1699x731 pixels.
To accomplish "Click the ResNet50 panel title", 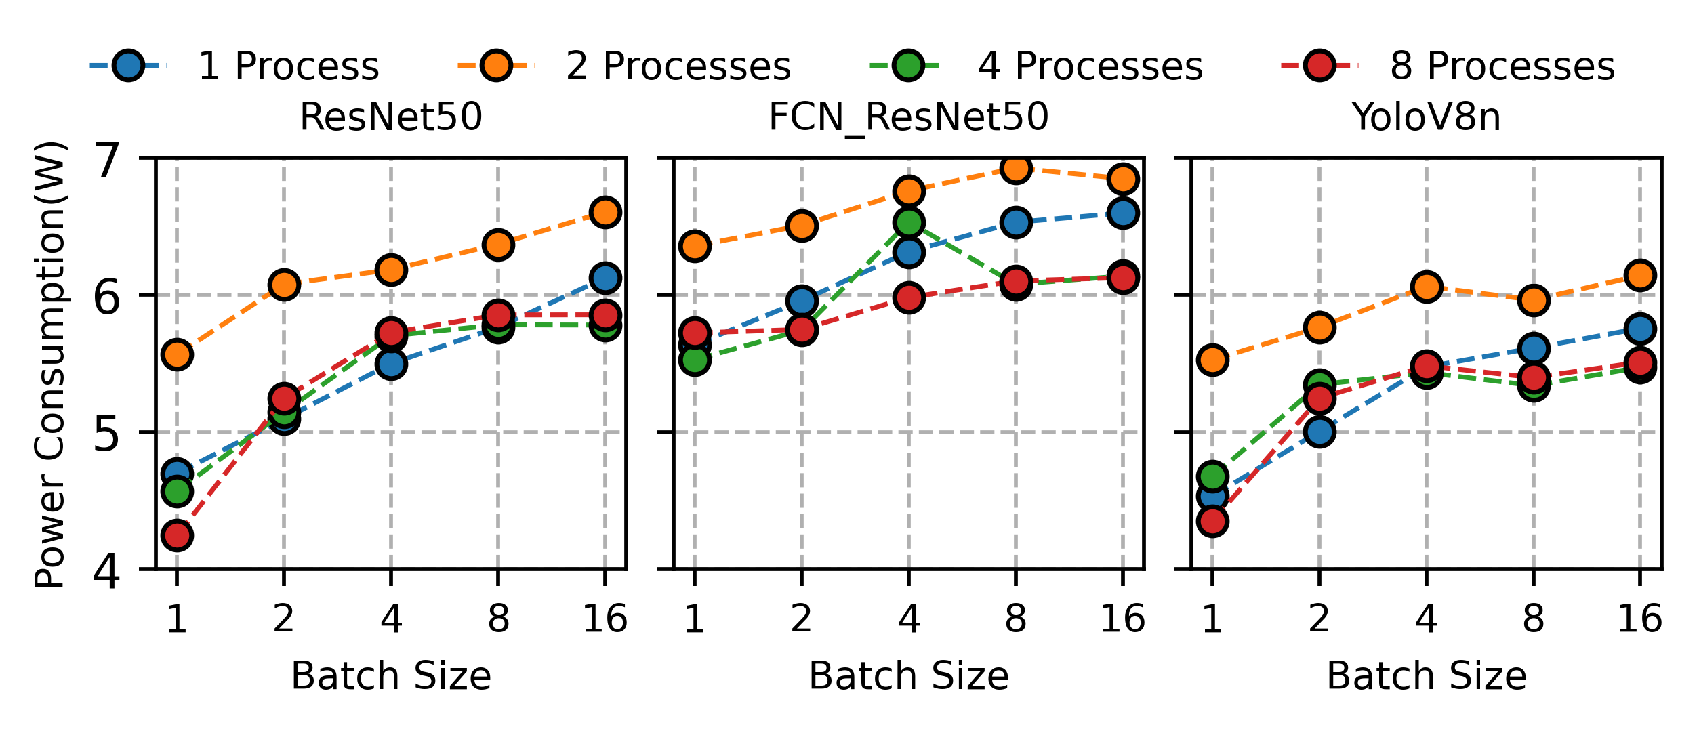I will click(x=391, y=117).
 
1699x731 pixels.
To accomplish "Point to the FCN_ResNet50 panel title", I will click(x=908, y=117).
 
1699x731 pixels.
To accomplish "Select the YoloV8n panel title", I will click(x=1426, y=117).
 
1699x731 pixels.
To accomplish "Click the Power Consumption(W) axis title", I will click(x=50, y=364).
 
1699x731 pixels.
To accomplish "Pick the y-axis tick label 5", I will click(x=107, y=434).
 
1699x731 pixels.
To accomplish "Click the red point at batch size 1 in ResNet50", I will click(x=177, y=536).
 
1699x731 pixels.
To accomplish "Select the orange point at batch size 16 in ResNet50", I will click(x=605, y=212).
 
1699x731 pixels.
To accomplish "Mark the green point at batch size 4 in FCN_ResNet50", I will click(x=908, y=222).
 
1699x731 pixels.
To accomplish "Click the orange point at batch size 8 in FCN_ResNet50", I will click(x=1015, y=168).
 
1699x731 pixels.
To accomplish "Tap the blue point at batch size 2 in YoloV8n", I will click(x=1319, y=432).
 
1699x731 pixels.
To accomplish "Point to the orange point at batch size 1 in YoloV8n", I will click(x=1212, y=360).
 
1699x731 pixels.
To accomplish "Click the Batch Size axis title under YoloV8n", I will click(x=1426, y=676).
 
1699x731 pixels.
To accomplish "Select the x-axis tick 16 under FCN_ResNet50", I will click(x=1122, y=619).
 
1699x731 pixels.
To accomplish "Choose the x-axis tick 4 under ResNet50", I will click(x=391, y=619).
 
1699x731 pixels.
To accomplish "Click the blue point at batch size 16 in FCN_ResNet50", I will click(x=1122, y=213).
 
